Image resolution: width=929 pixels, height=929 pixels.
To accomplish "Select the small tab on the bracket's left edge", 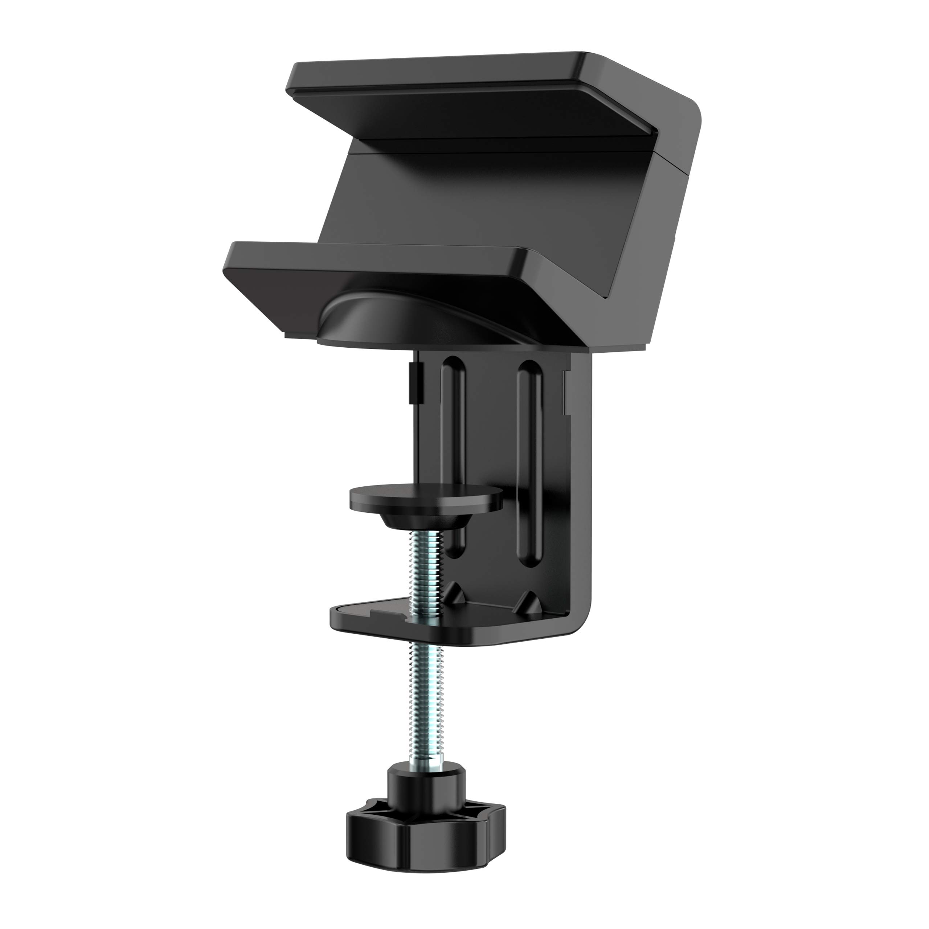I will pos(414,385).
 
